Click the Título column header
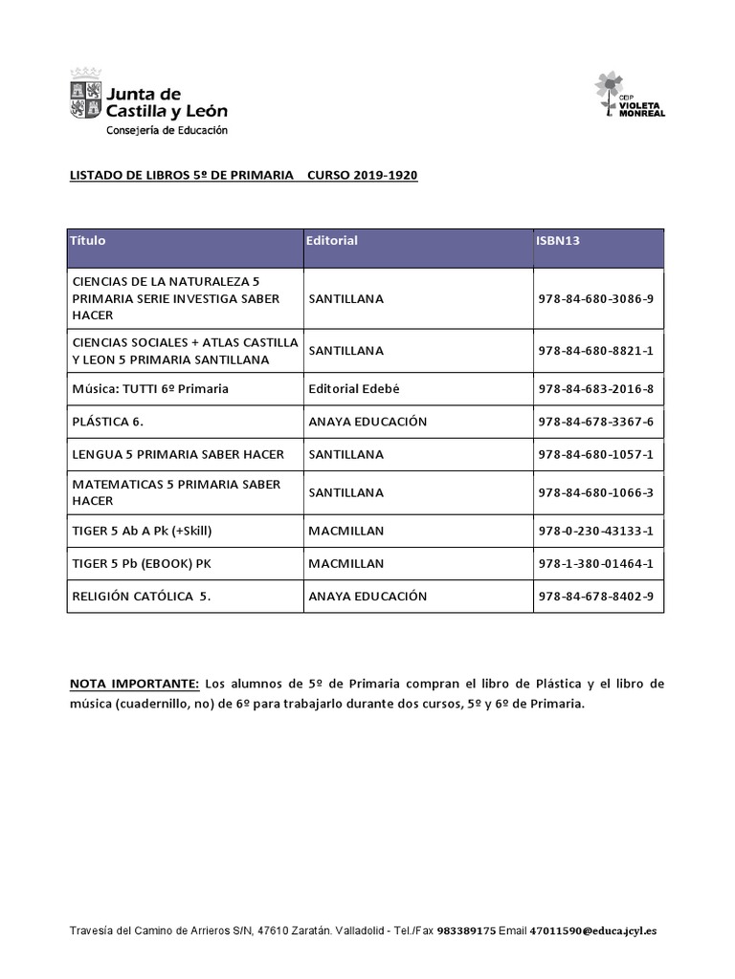(x=88, y=241)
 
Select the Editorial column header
(x=331, y=241)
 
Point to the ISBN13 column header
(x=558, y=241)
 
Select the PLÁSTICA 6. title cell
(x=107, y=422)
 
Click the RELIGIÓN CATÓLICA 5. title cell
(x=141, y=596)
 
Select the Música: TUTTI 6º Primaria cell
(x=150, y=389)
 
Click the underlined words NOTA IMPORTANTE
(x=134, y=684)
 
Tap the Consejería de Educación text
(x=167, y=130)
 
